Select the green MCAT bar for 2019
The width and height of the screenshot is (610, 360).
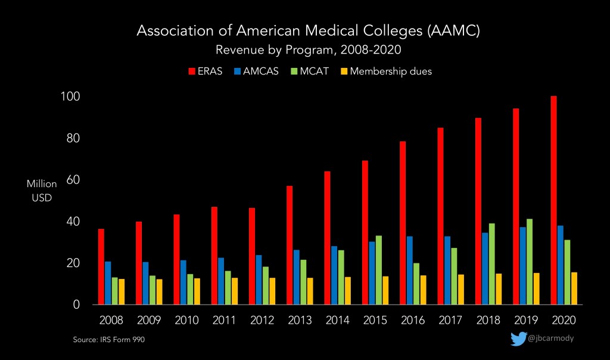click(x=530, y=262)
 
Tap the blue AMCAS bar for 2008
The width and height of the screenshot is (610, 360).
click(x=107, y=283)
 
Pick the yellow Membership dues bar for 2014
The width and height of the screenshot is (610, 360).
click(x=347, y=290)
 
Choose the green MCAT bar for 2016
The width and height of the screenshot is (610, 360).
click(x=416, y=284)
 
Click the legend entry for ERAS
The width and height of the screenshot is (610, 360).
click(x=206, y=72)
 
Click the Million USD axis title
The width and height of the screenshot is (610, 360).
click(x=42, y=191)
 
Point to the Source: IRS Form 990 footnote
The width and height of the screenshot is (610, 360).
click(x=109, y=340)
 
